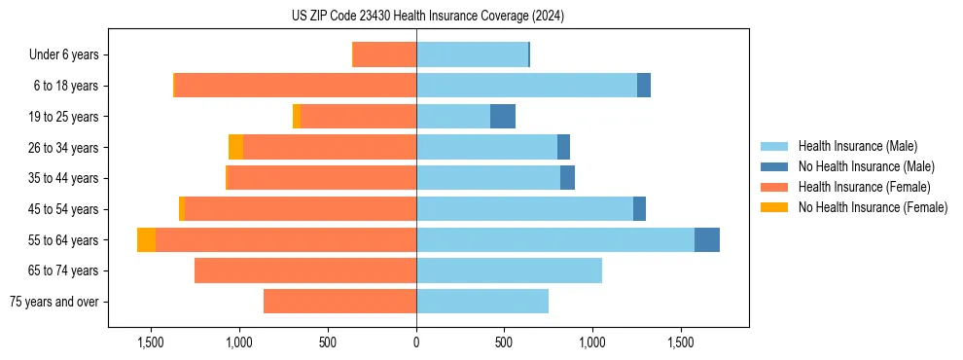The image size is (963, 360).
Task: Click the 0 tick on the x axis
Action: tap(416, 342)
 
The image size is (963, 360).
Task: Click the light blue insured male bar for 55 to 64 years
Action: tap(554, 240)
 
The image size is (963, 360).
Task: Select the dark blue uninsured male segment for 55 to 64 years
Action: tap(707, 240)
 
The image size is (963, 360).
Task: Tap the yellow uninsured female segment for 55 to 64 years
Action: tap(146, 240)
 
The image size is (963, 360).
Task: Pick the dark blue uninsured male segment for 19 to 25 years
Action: tap(503, 117)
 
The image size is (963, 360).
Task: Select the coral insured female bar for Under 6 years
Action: tap(384, 54)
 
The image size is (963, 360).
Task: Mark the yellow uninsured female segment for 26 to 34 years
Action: tap(235, 147)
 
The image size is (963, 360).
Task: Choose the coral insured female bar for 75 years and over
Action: tap(339, 302)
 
